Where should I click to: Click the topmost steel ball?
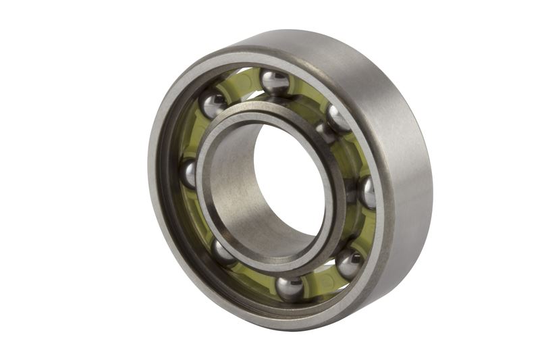(x=275, y=82)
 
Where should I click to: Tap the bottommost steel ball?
(x=290, y=288)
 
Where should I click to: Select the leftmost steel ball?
(x=190, y=174)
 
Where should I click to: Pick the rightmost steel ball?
(x=367, y=192)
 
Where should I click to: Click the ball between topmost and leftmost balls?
(x=214, y=105)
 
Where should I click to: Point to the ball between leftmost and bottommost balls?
(x=223, y=253)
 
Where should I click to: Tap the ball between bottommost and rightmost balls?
(x=349, y=263)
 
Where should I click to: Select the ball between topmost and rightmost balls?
(x=337, y=119)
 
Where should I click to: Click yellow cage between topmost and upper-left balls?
(x=243, y=84)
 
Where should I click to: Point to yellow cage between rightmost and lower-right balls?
(x=364, y=230)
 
